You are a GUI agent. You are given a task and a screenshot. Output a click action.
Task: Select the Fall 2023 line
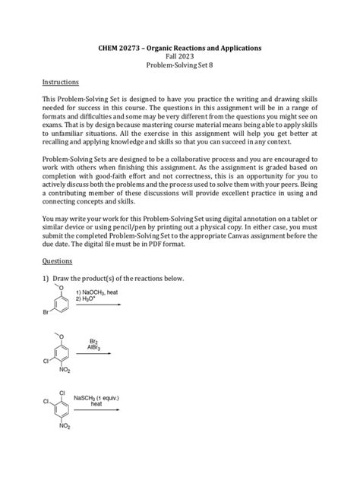pyautogui.click(x=180, y=57)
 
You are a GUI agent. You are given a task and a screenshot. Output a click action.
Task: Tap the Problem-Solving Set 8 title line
pyautogui.click(x=180, y=67)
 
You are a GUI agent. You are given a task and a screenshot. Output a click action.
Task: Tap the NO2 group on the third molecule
pyautogui.click(x=64, y=427)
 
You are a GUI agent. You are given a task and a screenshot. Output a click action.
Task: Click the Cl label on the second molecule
pyautogui.click(x=47, y=361)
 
